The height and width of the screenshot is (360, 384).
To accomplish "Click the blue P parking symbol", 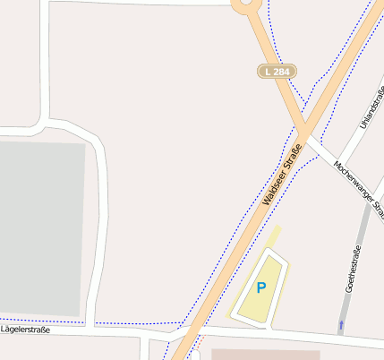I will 261,287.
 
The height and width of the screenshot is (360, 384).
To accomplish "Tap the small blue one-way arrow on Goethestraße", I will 341,321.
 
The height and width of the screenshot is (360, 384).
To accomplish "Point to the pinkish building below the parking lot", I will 265,355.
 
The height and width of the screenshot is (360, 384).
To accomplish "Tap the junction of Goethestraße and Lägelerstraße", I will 338,337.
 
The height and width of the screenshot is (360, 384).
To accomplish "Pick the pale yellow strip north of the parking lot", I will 273,236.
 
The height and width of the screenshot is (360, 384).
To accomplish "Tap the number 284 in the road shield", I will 283,71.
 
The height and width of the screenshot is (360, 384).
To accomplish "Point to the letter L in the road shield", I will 268,71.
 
